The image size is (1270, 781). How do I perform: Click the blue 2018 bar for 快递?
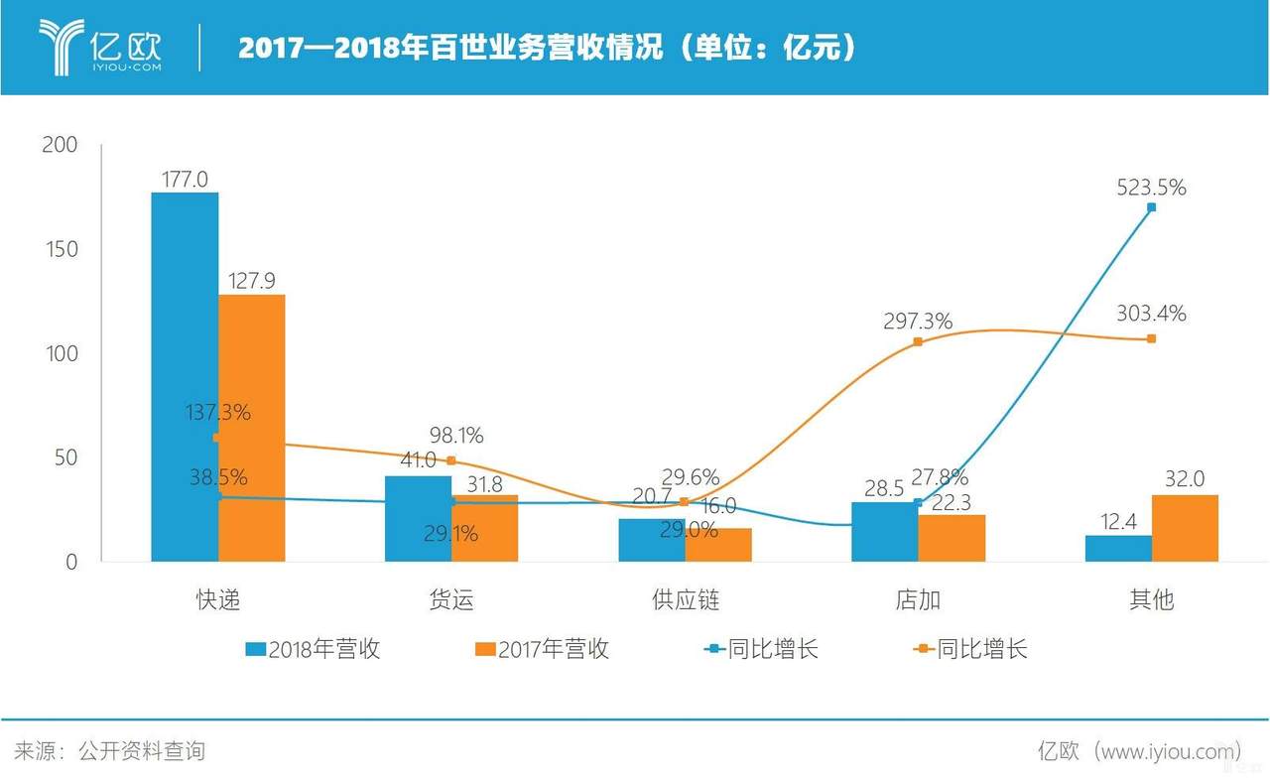tap(185, 377)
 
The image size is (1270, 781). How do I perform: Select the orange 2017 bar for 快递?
tap(252, 428)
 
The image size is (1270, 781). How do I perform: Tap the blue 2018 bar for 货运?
tap(418, 519)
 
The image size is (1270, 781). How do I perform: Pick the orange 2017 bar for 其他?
tap(1185, 528)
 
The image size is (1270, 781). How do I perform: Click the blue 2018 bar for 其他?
tap(1118, 549)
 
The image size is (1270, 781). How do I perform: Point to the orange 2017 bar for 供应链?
tap(718, 545)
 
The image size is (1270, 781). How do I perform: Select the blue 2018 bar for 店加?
tap(884, 532)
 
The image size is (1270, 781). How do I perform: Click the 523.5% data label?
tap(1150, 188)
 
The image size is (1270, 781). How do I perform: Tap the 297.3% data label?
tap(918, 321)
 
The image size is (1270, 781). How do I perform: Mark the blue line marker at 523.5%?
tap(1151, 207)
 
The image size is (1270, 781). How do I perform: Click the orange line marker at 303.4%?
tap(1151, 339)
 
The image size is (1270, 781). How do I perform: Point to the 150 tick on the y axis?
tap(61, 249)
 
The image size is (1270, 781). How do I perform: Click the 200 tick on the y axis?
tap(61, 145)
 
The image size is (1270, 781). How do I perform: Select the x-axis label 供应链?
tap(685, 600)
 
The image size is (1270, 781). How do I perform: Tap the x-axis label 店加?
tap(918, 600)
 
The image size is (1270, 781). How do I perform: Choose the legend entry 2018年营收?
tap(314, 649)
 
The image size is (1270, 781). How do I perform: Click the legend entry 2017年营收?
tap(543, 649)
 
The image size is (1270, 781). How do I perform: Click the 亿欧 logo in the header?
tap(99, 47)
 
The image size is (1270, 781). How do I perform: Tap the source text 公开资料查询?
tap(141, 751)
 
